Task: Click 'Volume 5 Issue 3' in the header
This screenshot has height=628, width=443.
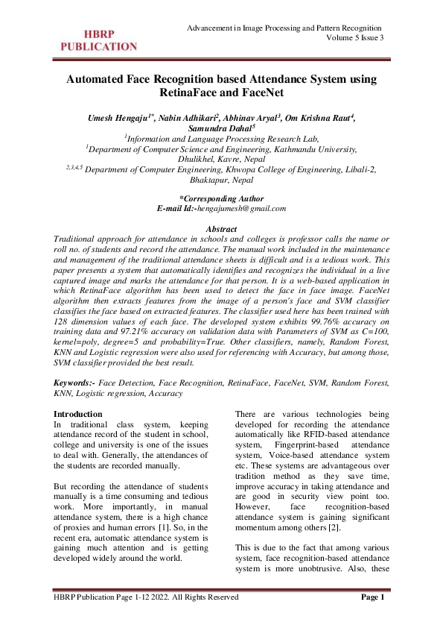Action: point(356,39)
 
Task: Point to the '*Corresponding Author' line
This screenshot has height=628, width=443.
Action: point(222,198)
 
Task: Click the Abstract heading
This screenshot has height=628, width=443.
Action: point(221,227)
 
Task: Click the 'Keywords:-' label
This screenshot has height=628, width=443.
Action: point(74,382)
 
